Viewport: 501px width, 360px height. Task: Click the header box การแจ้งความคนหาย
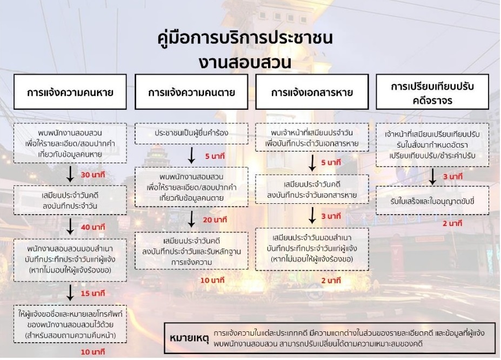click(x=70, y=92)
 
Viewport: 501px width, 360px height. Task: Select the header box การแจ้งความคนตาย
click(x=191, y=92)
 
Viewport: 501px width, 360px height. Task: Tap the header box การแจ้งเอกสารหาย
click(x=312, y=92)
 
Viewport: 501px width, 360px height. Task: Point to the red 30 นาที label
click(x=92, y=175)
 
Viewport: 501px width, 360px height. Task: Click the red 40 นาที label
click(x=92, y=227)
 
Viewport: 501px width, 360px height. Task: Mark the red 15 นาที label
click(x=92, y=294)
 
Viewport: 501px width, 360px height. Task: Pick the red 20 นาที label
click(x=215, y=221)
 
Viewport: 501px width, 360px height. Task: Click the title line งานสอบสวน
click(x=245, y=62)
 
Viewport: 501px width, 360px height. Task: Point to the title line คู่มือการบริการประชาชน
click(x=245, y=39)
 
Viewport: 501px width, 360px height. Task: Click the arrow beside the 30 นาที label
click(x=70, y=174)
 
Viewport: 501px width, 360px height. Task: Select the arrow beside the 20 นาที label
click(x=191, y=219)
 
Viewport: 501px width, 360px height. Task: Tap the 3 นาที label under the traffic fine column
click(x=452, y=177)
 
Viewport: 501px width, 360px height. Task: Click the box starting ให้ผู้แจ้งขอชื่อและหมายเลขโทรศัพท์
click(x=70, y=323)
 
